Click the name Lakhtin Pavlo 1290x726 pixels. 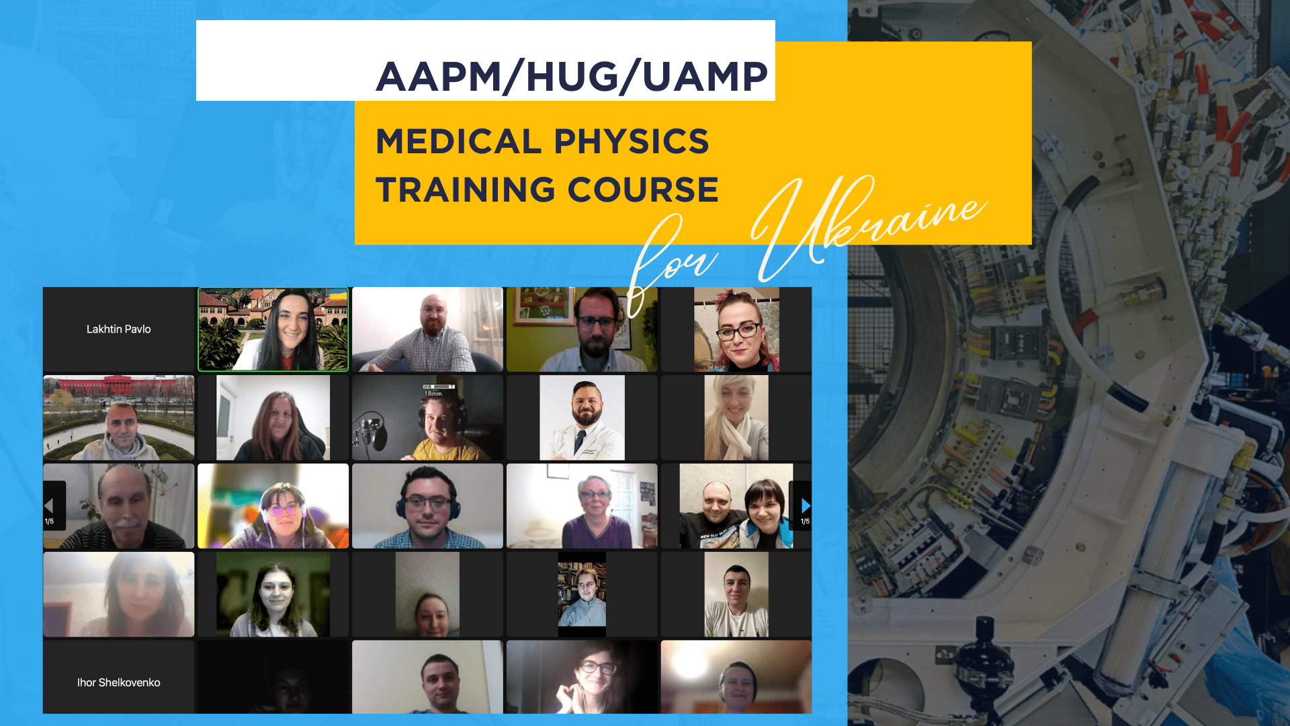pos(118,329)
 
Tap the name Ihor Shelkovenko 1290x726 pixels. pos(118,682)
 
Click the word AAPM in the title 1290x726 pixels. pos(438,77)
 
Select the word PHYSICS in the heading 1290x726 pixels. pos(632,141)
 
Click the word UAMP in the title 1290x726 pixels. pos(705,77)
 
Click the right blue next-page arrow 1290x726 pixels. pos(805,506)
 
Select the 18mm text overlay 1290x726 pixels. pos(433,393)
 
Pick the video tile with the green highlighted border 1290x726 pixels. pos(273,329)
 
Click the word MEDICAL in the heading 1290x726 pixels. pos(458,141)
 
